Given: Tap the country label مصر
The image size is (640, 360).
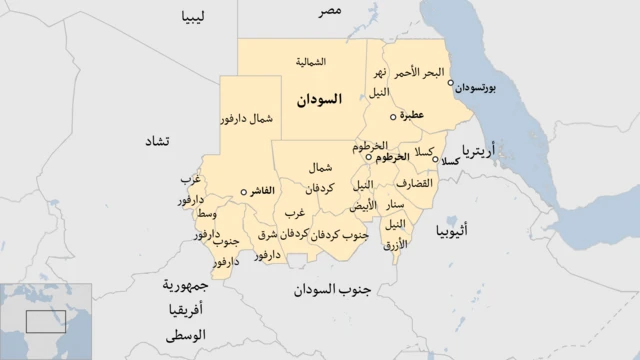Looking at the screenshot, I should (331, 10).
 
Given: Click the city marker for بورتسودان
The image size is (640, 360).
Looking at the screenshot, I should (451, 83).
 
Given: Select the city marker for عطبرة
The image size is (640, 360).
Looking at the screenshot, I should (392, 116).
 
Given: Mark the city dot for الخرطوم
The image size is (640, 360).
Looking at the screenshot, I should (369, 157).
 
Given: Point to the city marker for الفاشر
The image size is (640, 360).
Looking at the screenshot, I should (244, 191).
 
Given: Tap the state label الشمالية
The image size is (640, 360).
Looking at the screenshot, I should (310, 62).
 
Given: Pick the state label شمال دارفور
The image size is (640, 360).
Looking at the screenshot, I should (245, 119).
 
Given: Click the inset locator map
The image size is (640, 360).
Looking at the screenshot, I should (46, 321).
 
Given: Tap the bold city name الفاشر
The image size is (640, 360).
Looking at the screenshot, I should (270, 191).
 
